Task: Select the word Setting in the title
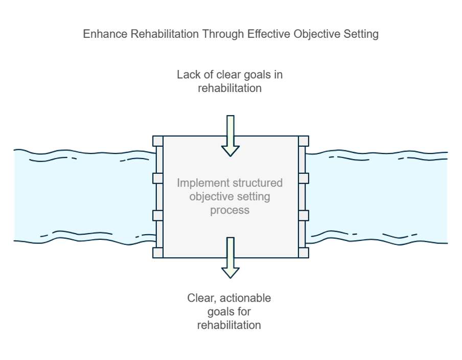361,34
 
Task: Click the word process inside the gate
230,210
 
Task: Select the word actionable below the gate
245,298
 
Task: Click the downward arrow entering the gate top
230,136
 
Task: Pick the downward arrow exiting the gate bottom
230,258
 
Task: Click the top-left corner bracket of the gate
158,141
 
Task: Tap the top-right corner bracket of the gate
304,141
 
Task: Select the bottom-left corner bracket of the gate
158,253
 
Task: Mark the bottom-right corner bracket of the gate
304,253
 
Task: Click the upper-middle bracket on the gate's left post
158,178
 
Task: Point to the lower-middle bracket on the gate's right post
304,215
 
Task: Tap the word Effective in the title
269,34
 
